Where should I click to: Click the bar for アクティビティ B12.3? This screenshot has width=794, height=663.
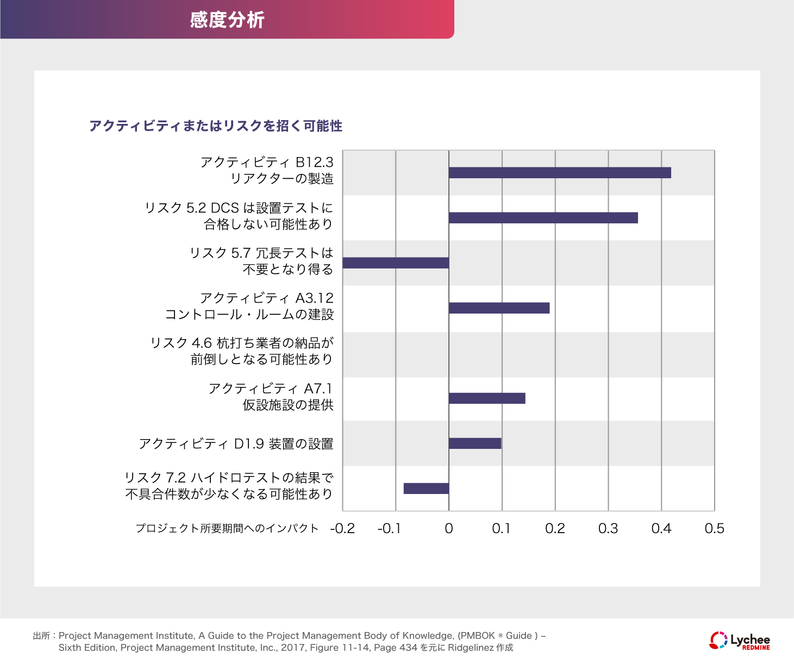coord(560,173)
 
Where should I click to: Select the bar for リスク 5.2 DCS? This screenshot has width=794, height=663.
coord(543,218)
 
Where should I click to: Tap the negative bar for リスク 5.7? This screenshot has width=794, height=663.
coord(396,263)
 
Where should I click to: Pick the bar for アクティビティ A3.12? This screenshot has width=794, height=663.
coord(499,308)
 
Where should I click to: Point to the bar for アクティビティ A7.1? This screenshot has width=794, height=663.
coord(487,398)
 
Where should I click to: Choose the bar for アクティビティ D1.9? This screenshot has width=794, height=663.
coord(475,443)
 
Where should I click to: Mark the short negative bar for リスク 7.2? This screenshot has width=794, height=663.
coord(426,489)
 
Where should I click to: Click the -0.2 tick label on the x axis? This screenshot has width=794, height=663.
coord(342,528)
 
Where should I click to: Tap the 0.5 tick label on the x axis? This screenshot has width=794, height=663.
coord(714,528)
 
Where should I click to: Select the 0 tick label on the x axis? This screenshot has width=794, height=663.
coord(449,528)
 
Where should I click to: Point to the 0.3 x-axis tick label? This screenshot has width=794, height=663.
coord(608,528)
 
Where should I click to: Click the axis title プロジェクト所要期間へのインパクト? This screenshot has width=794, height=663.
coord(227,528)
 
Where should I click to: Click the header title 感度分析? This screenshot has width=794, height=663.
coord(227,20)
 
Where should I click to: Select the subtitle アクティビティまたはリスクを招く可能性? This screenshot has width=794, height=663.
coord(216,126)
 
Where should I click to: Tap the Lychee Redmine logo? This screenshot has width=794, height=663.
coord(740,640)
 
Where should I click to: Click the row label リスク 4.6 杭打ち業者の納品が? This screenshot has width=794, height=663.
coord(242,343)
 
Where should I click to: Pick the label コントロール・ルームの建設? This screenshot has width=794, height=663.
coord(249,315)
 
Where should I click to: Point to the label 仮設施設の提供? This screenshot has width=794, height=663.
coord(288,405)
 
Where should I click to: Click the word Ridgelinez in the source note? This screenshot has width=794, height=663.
coord(471,648)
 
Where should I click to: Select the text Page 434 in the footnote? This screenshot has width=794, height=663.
coord(396,648)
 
